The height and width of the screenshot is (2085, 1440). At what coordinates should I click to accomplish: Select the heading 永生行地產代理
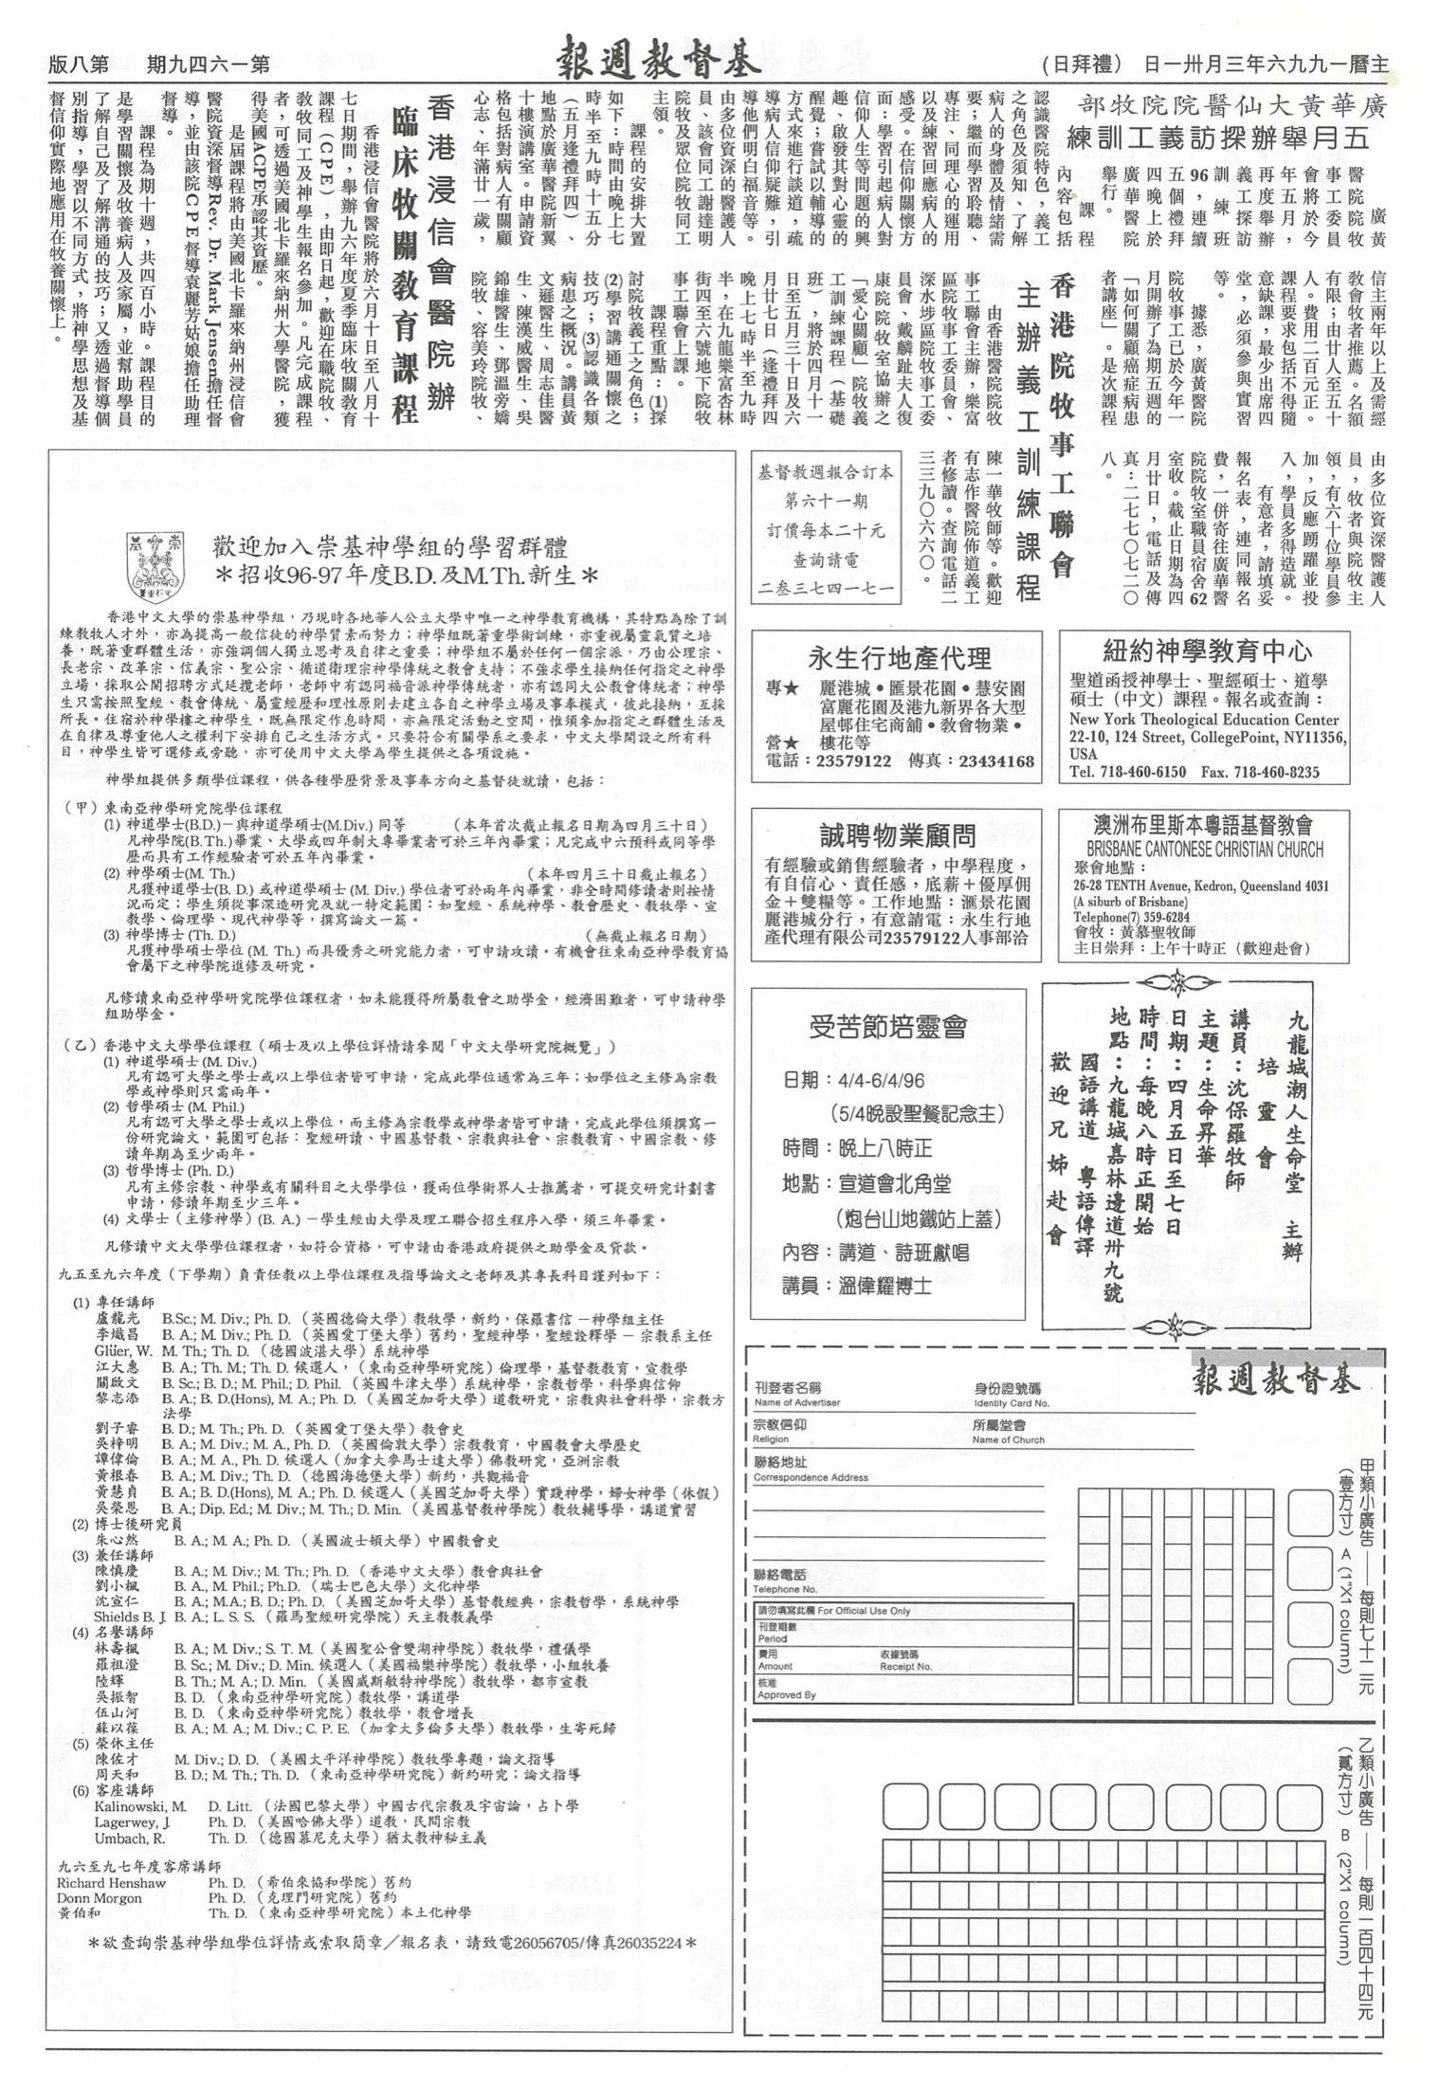(899, 657)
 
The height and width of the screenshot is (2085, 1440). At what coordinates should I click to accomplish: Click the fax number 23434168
(996, 760)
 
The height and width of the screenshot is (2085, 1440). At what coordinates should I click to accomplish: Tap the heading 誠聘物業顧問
(897, 834)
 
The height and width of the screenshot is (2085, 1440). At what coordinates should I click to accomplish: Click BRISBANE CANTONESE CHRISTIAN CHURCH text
(1205, 849)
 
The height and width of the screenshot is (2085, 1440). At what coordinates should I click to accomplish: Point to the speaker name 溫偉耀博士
(884, 1287)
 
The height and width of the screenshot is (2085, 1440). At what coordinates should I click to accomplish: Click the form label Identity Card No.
(1012, 1402)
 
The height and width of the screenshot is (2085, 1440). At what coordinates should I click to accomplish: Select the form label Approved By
(786, 1694)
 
